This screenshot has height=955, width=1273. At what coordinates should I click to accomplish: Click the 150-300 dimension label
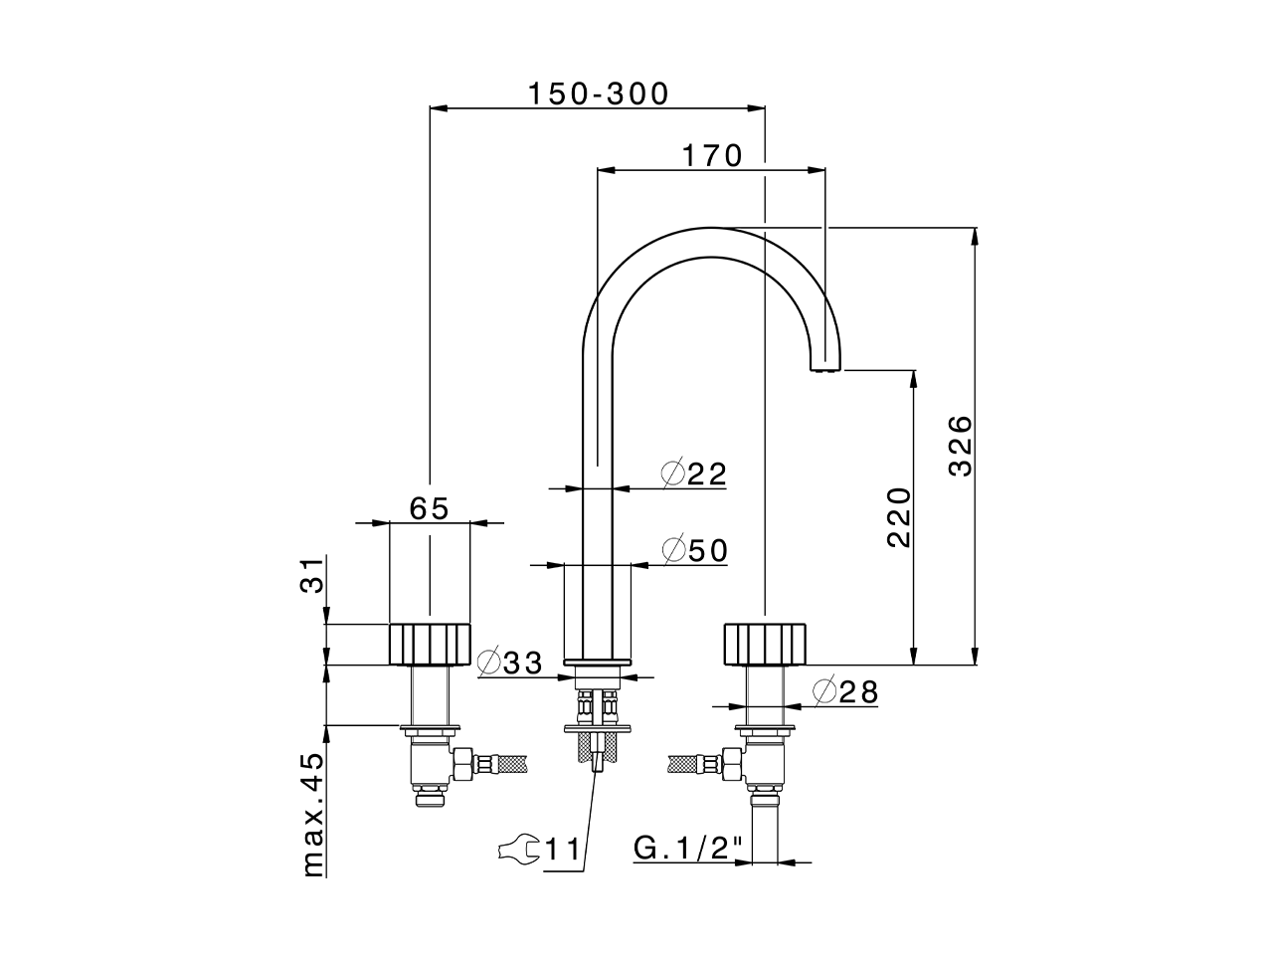(x=598, y=94)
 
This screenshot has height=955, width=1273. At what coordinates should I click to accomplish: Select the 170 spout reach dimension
(x=711, y=155)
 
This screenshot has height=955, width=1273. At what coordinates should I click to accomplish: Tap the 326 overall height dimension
(x=960, y=445)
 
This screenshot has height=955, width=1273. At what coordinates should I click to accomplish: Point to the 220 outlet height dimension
(x=898, y=516)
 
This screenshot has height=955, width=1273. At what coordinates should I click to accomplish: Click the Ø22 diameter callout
(x=694, y=474)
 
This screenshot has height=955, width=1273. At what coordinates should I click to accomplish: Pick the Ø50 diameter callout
(x=694, y=549)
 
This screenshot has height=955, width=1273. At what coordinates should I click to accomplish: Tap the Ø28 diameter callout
(x=845, y=691)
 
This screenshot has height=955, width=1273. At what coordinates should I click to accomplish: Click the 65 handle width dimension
(x=430, y=507)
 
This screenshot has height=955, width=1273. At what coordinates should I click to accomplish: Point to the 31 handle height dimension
(x=312, y=576)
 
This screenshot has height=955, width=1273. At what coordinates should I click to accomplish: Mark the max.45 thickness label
(x=312, y=814)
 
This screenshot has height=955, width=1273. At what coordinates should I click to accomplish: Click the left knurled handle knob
(x=429, y=644)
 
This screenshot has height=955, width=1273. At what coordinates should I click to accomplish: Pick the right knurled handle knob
(x=766, y=644)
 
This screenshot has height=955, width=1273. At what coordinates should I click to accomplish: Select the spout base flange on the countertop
(x=598, y=661)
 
